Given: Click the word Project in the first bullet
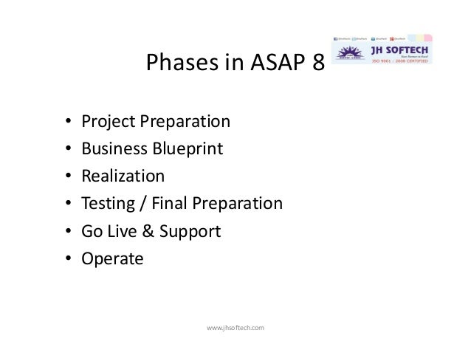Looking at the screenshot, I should click(104, 120).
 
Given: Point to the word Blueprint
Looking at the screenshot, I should click(188, 148).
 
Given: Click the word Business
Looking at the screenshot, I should click(114, 148).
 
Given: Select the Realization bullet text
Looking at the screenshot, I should click(123, 176).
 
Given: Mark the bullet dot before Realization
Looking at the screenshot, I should click(67, 177).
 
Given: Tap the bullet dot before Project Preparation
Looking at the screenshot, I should click(67, 121).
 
